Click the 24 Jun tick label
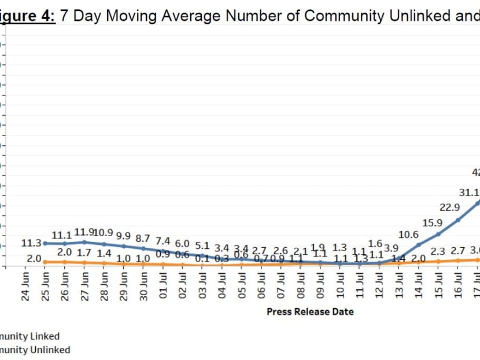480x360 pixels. coord(25,285)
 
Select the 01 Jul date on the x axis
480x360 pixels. coord(164,285)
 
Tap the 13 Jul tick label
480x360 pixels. coord(399,285)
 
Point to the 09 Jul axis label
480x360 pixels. coord(320,285)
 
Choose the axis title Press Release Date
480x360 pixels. coord(310,311)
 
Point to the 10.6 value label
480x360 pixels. coord(408,234)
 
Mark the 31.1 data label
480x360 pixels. coord(468,192)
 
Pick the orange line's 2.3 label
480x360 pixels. coord(438,252)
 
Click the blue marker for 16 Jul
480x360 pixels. coord(457,220)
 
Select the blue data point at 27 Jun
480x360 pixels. coord(84,242)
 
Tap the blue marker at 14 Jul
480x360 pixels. coord(418,245)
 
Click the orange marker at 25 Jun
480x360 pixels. coord(45,262)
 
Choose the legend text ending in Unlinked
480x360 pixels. coord(35,350)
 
